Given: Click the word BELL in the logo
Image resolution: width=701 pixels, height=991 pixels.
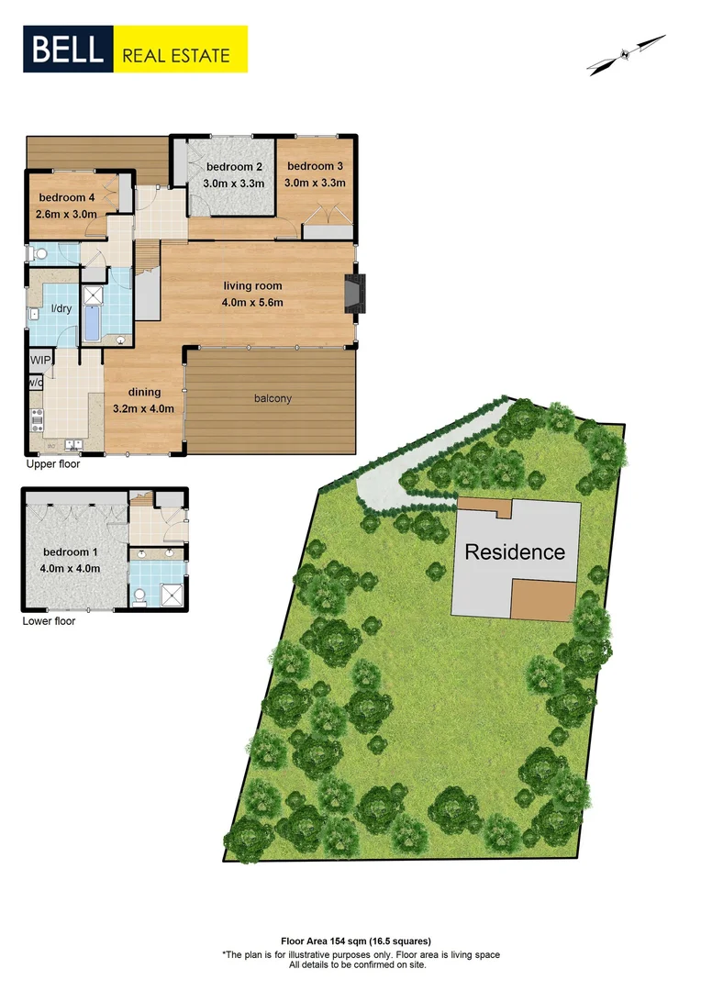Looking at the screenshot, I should click(x=69, y=50).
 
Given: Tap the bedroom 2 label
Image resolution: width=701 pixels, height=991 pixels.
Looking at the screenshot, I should click(x=234, y=166).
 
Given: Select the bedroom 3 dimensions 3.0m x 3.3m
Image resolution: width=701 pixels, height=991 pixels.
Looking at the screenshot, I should click(x=315, y=183).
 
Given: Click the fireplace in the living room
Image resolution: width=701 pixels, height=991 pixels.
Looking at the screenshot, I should click(x=354, y=293).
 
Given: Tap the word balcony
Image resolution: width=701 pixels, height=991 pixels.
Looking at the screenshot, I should click(x=273, y=398).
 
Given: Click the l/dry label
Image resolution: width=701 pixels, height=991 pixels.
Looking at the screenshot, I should click(x=61, y=308).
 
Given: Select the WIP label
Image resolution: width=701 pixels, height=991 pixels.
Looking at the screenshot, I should click(x=40, y=360).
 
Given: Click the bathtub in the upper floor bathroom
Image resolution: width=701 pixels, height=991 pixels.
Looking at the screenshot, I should click(x=94, y=324).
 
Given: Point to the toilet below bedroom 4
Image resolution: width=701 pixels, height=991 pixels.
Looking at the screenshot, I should click(x=38, y=252).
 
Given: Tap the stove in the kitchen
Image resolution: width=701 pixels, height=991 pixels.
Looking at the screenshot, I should click(x=38, y=419).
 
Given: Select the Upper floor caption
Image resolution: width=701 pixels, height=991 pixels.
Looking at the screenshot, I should click(x=54, y=464).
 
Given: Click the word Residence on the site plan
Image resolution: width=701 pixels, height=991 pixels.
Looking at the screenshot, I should click(x=514, y=552).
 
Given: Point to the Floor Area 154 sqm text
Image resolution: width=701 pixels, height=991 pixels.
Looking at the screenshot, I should click(x=355, y=941).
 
